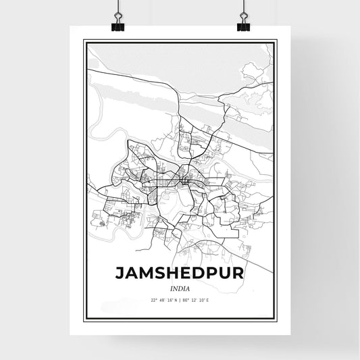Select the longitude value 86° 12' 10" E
[x=197, y=300]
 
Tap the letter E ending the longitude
[x=210, y=300]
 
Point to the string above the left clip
[x=118, y=7]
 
